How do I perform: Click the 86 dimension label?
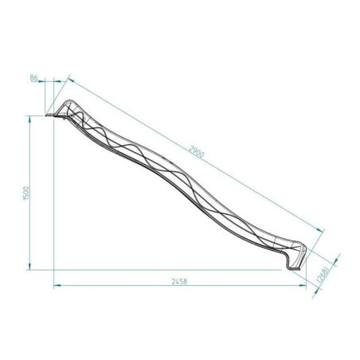(x=33, y=77)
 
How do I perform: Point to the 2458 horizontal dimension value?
(x=180, y=281)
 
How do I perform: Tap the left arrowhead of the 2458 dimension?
(x=57, y=286)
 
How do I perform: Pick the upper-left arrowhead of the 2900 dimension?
(x=70, y=80)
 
